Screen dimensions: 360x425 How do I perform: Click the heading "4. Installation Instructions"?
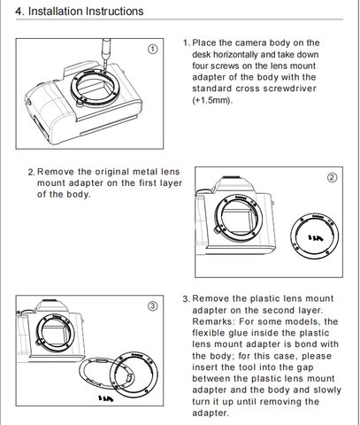tap(80, 12)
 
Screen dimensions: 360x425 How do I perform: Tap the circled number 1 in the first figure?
tap(152, 49)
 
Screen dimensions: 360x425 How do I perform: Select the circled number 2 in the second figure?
tap(332, 177)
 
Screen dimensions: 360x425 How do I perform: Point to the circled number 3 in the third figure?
tap(152, 306)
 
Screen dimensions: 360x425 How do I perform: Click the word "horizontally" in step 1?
tap(236, 55)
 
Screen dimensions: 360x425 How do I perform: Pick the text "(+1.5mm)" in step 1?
tap(212, 100)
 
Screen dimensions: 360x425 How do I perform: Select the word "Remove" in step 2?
tap(55, 172)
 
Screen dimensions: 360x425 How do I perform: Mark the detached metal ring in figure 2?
tap(314, 236)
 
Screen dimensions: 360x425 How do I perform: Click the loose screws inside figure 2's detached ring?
tap(316, 237)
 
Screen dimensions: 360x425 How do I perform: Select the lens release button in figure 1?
tap(80, 103)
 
